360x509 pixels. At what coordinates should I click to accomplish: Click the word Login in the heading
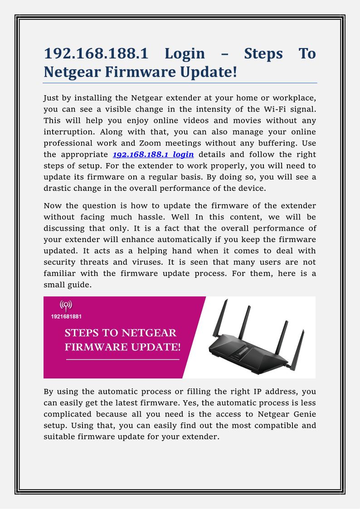point(185,54)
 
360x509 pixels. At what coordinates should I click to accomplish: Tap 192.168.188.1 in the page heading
point(96,54)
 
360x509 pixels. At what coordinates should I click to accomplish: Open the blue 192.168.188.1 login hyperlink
point(153,154)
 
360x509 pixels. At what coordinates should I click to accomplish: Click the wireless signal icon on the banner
point(66,305)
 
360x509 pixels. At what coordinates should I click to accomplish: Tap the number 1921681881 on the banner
point(66,316)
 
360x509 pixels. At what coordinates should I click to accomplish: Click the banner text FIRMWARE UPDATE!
point(123,347)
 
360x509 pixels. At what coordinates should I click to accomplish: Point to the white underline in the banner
point(123,359)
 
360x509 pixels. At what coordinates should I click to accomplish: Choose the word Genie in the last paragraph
point(304,414)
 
